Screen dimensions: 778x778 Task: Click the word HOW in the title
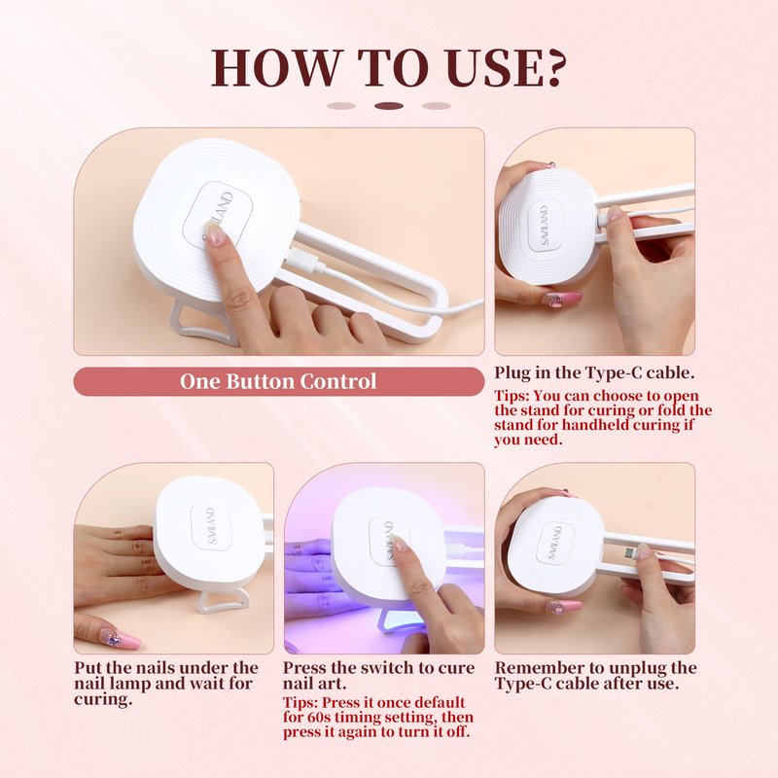[x=275, y=67]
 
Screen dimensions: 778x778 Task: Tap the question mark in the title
[x=551, y=67]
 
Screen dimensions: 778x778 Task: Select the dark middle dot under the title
[x=389, y=106]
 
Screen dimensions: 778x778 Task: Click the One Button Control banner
[x=278, y=381]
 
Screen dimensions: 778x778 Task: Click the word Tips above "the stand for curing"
[x=511, y=397]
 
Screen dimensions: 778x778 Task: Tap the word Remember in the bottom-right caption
[x=537, y=668]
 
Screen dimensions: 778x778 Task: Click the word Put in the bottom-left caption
[x=88, y=668]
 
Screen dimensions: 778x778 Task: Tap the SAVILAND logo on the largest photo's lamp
[x=218, y=216]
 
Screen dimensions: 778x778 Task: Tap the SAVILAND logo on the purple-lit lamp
[x=389, y=541]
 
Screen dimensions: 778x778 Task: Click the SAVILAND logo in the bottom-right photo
[x=554, y=543]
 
